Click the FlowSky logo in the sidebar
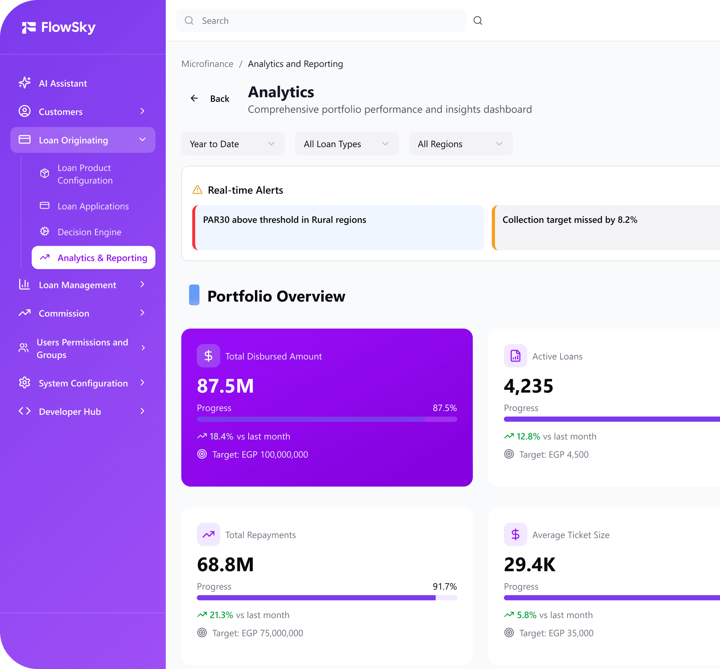(x=58, y=27)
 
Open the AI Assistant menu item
(x=63, y=84)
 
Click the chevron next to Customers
(x=142, y=111)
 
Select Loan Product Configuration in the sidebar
(x=85, y=174)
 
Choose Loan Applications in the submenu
(x=93, y=206)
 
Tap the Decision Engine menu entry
(x=89, y=232)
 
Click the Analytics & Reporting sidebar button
(x=94, y=258)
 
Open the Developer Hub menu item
(x=70, y=412)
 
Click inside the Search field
(x=321, y=21)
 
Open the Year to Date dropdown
(x=233, y=144)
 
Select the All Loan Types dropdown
(x=347, y=144)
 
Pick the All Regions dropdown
(x=460, y=144)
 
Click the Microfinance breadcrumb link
(x=207, y=64)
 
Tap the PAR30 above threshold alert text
(x=284, y=220)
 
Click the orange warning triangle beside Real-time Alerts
(x=198, y=190)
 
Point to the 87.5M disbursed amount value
(x=225, y=386)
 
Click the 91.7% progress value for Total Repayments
(x=444, y=586)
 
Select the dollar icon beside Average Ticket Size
(x=515, y=535)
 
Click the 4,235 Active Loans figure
(x=528, y=386)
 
